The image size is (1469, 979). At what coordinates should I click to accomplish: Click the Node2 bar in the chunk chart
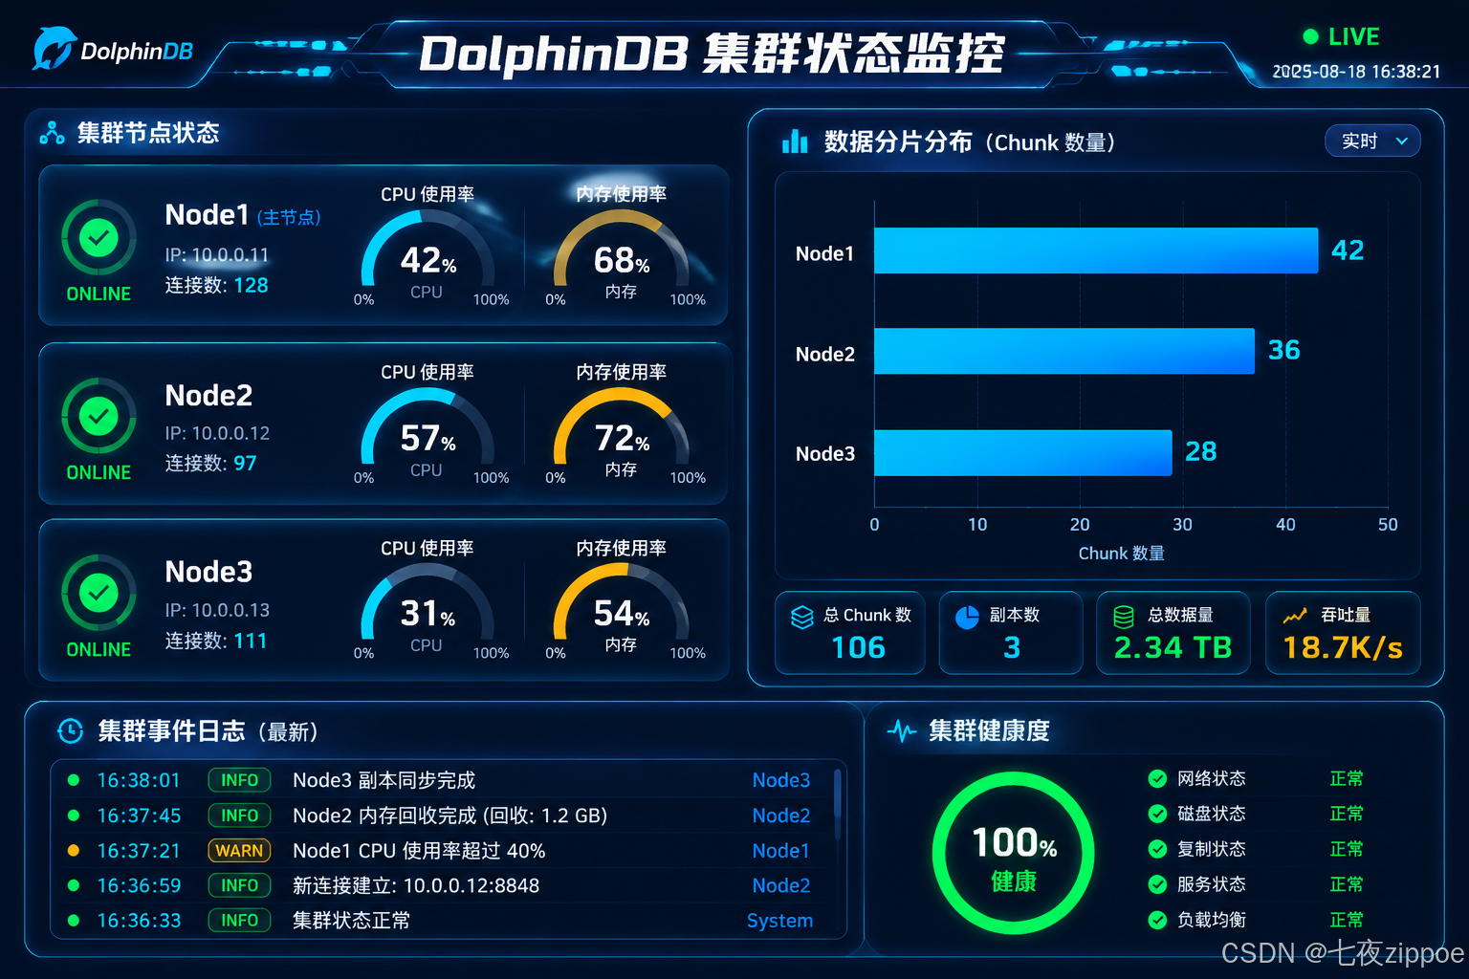1063,351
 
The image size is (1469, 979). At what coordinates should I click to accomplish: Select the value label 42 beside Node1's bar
1348,250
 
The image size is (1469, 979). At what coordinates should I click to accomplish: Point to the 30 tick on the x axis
1182,525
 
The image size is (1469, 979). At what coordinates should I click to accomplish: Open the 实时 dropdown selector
1372,141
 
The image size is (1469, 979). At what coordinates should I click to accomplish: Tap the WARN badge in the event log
239,851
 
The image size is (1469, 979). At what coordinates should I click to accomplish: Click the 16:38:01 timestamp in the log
139,780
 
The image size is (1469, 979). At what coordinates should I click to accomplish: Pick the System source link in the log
779,921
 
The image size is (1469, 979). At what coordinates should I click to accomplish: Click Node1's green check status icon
99,238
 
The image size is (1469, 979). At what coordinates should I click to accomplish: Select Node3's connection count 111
250,641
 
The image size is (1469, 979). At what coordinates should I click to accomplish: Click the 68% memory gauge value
622,261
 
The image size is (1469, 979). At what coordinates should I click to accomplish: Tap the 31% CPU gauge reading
428,614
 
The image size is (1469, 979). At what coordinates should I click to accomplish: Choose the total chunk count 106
859,648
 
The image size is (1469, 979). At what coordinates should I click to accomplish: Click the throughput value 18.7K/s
1343,648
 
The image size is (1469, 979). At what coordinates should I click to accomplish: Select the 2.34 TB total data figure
1173,648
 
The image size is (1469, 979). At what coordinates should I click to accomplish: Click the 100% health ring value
1014,842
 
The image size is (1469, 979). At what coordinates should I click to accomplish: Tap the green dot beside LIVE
1310,36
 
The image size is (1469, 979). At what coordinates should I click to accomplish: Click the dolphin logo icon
54,48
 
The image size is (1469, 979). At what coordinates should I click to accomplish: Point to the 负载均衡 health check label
1212,920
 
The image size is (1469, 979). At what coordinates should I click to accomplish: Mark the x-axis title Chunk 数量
1122,554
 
